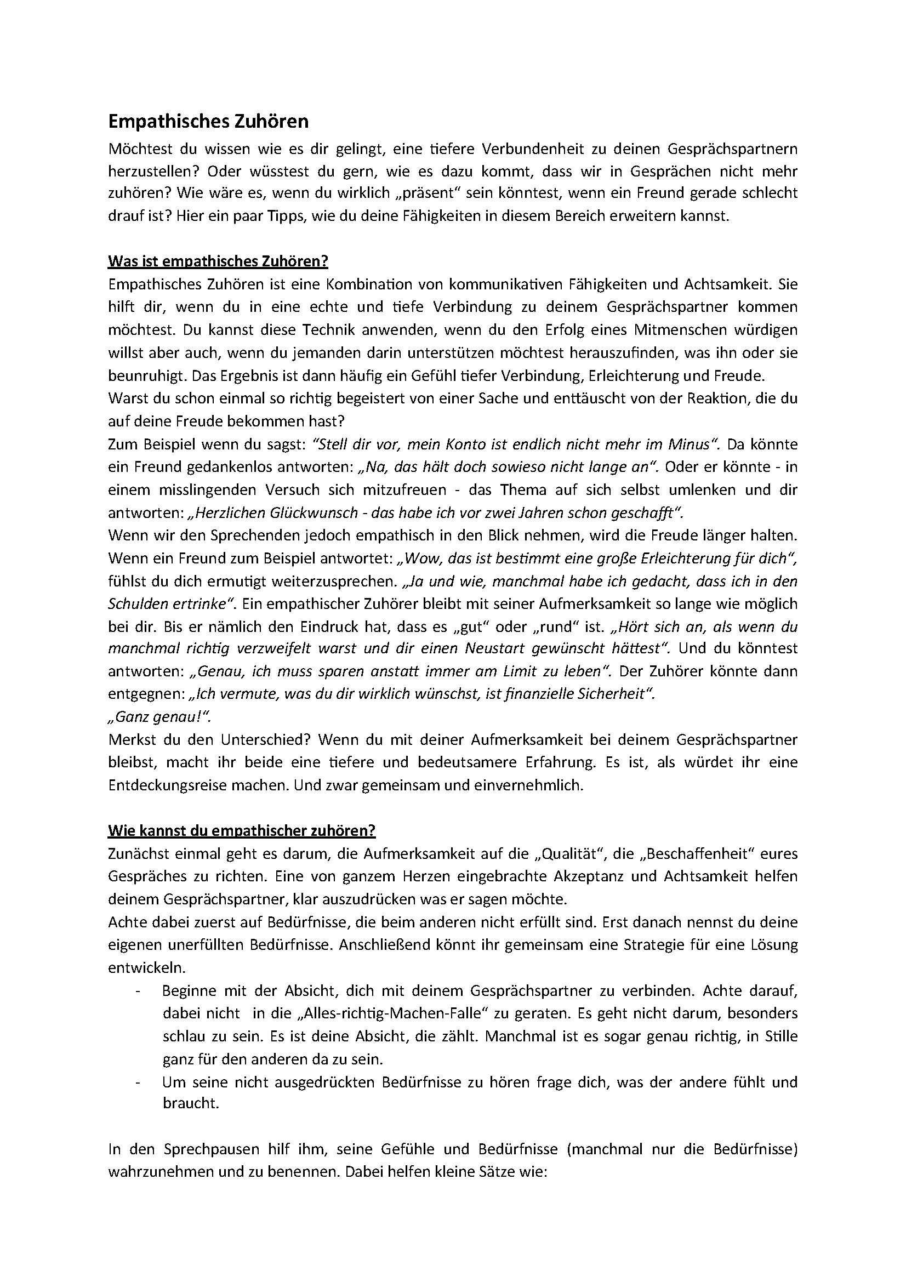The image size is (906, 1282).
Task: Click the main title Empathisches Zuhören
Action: (x=208, y=121)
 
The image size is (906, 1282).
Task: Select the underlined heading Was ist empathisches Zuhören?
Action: (x=218, y=261)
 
